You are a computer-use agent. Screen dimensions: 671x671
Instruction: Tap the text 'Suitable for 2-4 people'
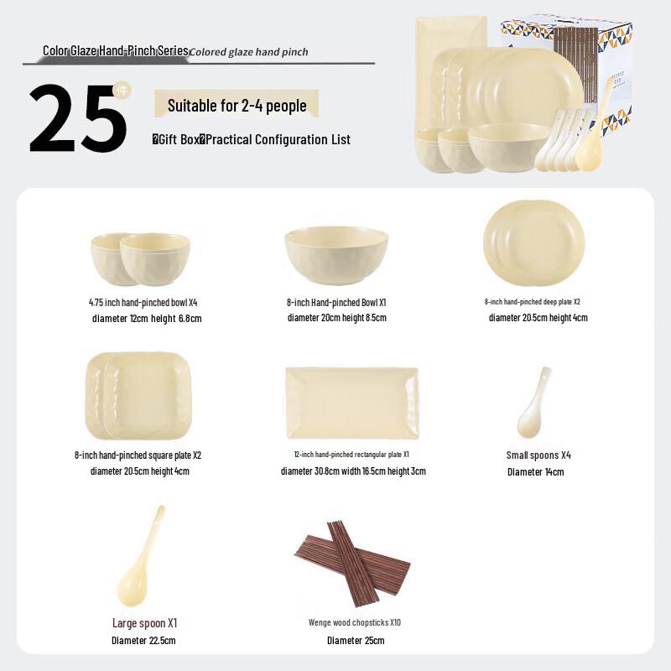pos(237,106)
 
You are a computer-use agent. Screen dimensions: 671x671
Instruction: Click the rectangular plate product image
pos(351,403)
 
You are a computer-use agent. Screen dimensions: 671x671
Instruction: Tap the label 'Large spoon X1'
pos(144,623)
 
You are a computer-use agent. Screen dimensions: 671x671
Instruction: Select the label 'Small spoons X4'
pos(538,455)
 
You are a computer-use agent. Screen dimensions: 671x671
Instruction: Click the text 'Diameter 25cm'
pos(355,641)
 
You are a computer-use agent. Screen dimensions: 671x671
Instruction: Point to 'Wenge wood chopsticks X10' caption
pos(354,622)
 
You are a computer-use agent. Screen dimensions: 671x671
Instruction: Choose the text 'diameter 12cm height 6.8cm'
pos(147,319)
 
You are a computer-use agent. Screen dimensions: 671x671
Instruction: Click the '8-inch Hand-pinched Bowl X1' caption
pos(335,302)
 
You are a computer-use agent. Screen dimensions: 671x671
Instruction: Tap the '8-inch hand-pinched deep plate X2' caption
pos(532,302)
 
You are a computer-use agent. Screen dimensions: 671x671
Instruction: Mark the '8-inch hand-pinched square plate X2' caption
pos(138,455)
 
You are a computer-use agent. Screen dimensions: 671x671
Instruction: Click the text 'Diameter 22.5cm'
pos(143,641)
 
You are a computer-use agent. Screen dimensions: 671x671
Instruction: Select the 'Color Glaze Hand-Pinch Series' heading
pos(116,51)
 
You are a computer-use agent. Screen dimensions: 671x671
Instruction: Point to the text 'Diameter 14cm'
pos(535,472)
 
